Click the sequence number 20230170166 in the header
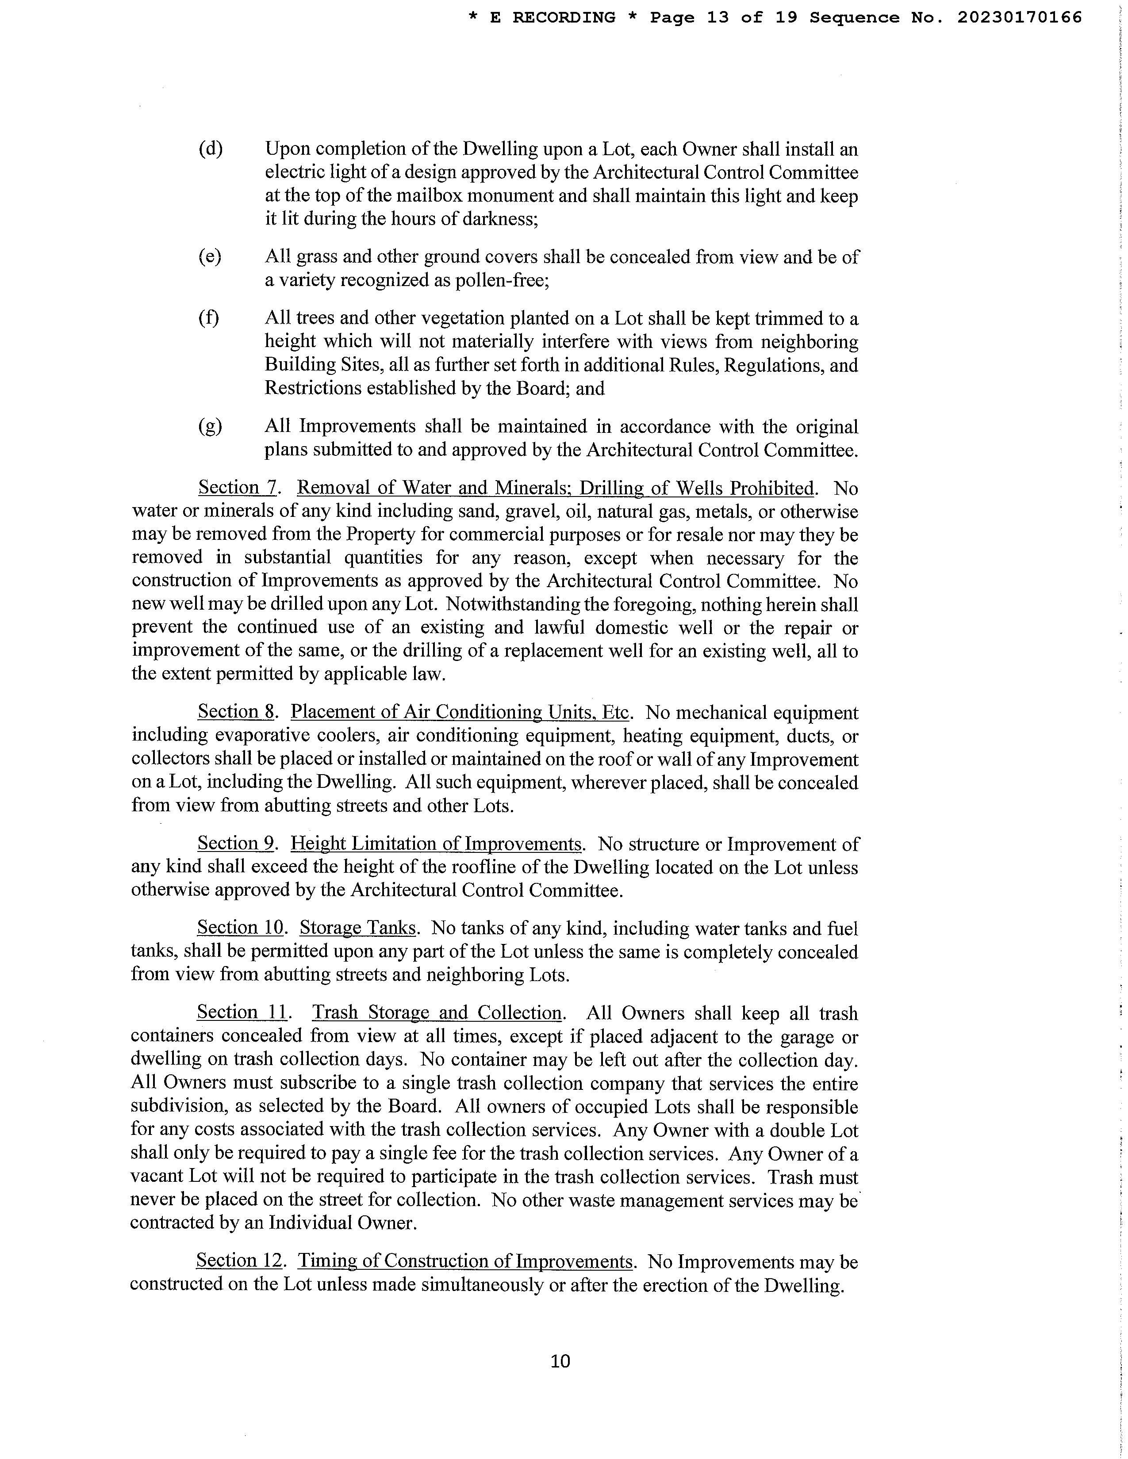[1019, 17]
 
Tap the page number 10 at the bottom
[560, 1361]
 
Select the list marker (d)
[211, 149]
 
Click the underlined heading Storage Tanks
[358, 928]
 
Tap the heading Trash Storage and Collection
[437, 1013]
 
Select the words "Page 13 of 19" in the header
[724, 17]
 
